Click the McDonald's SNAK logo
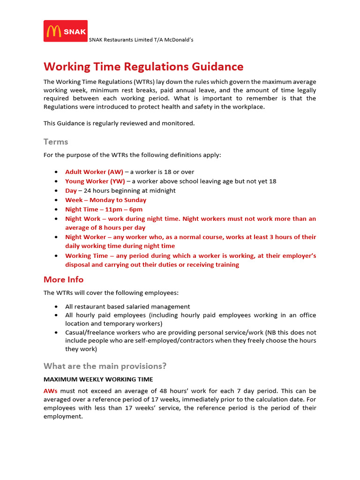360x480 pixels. coord(66,31)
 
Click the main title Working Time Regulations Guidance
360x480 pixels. coord(143,67)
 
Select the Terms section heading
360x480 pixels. coord(56,142)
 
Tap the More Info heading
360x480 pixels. coord(63,279)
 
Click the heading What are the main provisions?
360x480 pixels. coord(105,366)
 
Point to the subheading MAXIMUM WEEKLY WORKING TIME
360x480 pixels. coord(98,379)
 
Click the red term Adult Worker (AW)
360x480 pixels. coord(94,172)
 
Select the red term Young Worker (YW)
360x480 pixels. coord(95,181)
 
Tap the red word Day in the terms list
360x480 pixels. coord(71,191)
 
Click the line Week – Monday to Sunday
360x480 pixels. coord(105,200)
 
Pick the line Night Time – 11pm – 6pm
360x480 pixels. coord(104,210)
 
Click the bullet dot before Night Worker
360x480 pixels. coord(56,237)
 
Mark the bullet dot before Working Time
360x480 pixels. coord(56,256)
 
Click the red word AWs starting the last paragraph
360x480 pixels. coord(51,391)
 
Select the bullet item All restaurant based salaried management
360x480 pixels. coord(127,307)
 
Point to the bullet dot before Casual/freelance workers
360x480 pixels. coord(56,332)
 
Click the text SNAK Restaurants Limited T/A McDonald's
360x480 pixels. coord(141,40)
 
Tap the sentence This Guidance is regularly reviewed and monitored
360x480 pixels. coord(119,123)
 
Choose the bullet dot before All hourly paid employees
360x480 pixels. coord(56,315)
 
